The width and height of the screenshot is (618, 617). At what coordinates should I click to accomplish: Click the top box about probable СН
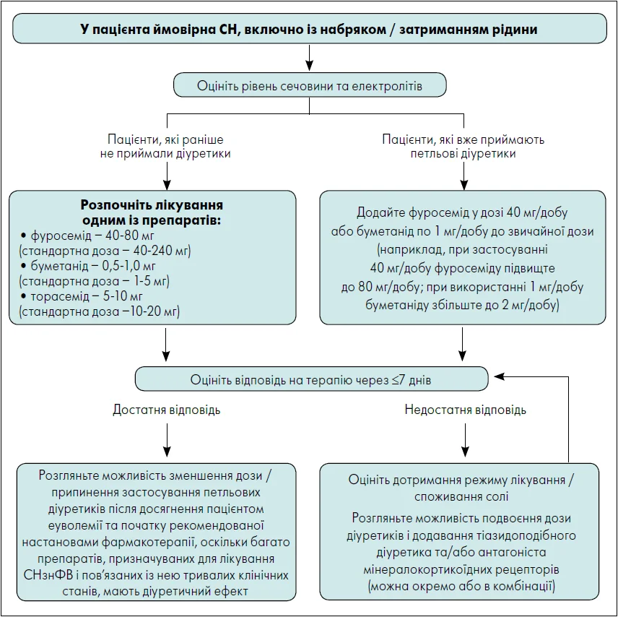pos(309,29)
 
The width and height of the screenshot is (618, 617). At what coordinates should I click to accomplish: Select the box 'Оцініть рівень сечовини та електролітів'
pos(309,86)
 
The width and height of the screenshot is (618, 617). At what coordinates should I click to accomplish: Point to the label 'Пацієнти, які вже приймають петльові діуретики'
pos(463,146)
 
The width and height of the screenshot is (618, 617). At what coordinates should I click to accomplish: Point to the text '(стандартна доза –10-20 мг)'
pos(99,312)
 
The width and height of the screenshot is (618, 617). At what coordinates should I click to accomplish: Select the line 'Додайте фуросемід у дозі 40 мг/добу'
pos(462,212)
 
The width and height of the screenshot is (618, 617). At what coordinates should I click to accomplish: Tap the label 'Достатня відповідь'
pos(166,410)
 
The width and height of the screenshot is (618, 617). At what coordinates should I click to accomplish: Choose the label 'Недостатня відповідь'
pos(465,410)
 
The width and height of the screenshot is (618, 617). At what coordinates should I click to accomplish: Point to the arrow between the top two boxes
pos(309,56)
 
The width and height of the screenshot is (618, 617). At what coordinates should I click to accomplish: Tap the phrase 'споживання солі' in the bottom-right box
pos(461,497)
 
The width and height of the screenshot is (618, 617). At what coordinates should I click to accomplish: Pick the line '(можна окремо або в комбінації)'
pos(461,586)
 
